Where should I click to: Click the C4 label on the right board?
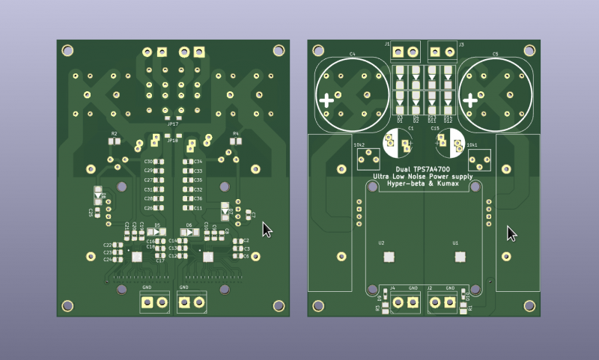tap(352, 54)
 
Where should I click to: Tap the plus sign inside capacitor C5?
tap(470, 100)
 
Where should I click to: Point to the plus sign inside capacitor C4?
tap(327, 100)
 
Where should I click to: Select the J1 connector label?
tap(387, 45)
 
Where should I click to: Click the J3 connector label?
tap(461, 45)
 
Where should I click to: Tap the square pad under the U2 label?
tap(389, 257)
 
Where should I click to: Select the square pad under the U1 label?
tap(458, 257)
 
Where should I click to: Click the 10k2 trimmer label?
tap(359, 144)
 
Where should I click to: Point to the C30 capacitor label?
tap(148, 162)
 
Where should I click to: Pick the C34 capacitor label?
tap(198, 162)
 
